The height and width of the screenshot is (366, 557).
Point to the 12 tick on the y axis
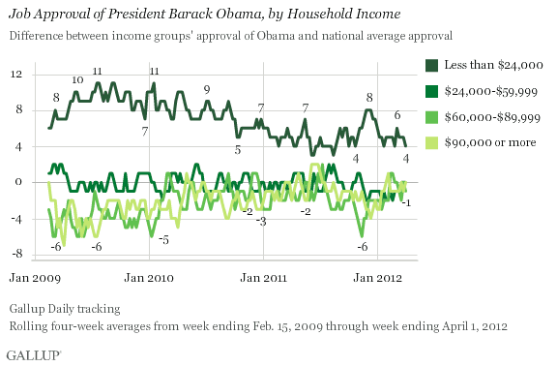(x=17, y=75)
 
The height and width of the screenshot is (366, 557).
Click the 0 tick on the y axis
(x=20, y=182)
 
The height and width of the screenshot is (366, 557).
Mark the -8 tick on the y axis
(x=17, y=255)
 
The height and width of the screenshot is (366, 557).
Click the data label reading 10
(x=76, y=80)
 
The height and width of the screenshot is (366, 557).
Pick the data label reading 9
(x=206, y=89)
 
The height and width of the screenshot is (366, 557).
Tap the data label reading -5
(x=164, y=238)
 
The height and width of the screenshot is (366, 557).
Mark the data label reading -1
(x=407, y=202)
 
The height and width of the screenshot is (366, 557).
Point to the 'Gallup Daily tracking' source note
(x=66, y=308)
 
